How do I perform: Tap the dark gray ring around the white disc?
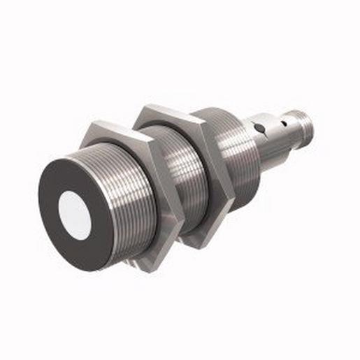tap(57, 231)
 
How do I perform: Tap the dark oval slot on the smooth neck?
tap(259, 128)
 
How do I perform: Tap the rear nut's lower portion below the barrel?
tap(199, 234)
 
